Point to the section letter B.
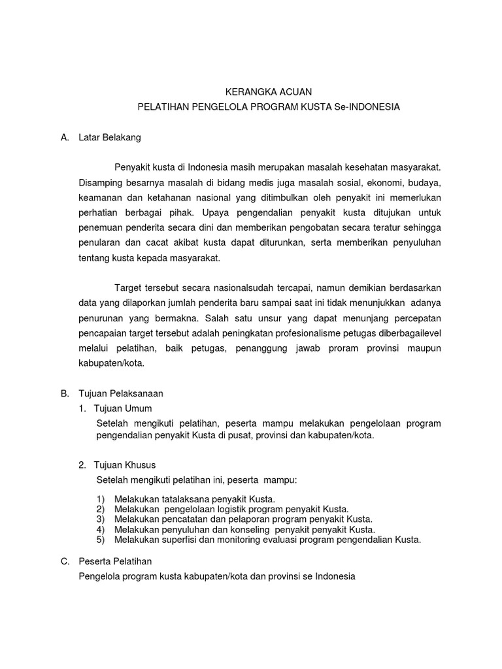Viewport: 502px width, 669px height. tap(64, 393)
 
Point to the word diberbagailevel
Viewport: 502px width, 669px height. tap(407, 333)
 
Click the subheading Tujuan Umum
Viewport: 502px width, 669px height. tap(124, 408)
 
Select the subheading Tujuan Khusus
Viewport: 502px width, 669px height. tap(125, 465)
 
